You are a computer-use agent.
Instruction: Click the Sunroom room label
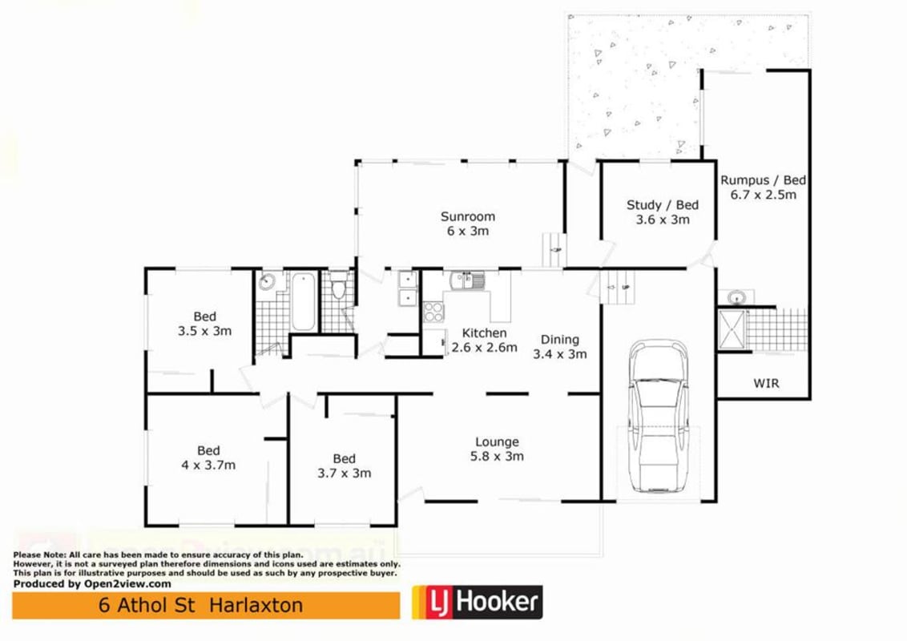(x=467, y=217)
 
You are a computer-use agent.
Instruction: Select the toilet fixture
(x=339, y=284)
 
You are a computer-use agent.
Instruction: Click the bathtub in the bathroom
(x=304, y=300)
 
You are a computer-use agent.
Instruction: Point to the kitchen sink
(x=467, y=280)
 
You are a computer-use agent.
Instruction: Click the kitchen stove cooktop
(x=433, y=312)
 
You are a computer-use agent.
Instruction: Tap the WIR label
(x=766, y=383)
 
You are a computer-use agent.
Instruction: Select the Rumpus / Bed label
(x=763, y=180)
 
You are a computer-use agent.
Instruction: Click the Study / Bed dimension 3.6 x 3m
(x=663, y=220)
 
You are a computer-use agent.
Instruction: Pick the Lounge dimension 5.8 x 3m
(x=497, y=457)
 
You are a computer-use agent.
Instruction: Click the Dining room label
(x=559, y=340)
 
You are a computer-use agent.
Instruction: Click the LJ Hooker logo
(x=478, y=603)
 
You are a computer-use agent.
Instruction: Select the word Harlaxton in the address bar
(x=256, y=605)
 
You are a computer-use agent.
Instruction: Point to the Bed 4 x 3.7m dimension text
(x=208, y=466)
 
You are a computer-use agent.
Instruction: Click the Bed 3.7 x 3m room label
(x=345, y=459)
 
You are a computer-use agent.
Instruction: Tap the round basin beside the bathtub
(x=267, y=282)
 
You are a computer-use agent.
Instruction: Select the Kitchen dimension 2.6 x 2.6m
(x=484, y=348)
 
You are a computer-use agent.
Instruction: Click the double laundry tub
(x=407, y=288)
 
